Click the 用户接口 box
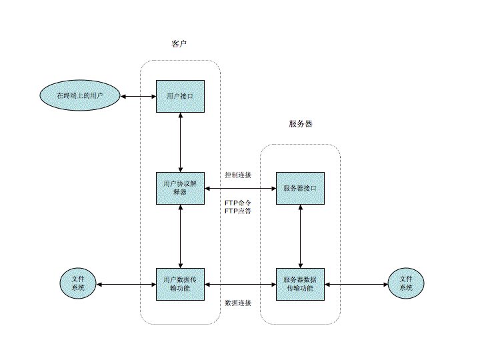point(180,97)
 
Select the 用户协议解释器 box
point(180,188)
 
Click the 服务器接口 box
point(300,188)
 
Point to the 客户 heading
point(179,44)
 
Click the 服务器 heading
point(300,124)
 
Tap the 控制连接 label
point(238,175)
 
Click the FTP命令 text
point(238,202)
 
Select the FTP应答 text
point(238,211)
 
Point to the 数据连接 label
point(238,303)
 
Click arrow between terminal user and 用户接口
point(138,97)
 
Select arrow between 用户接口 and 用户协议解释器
point(181,142)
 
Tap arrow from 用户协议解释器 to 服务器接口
point(240,189)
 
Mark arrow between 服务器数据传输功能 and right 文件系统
point(356,284)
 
